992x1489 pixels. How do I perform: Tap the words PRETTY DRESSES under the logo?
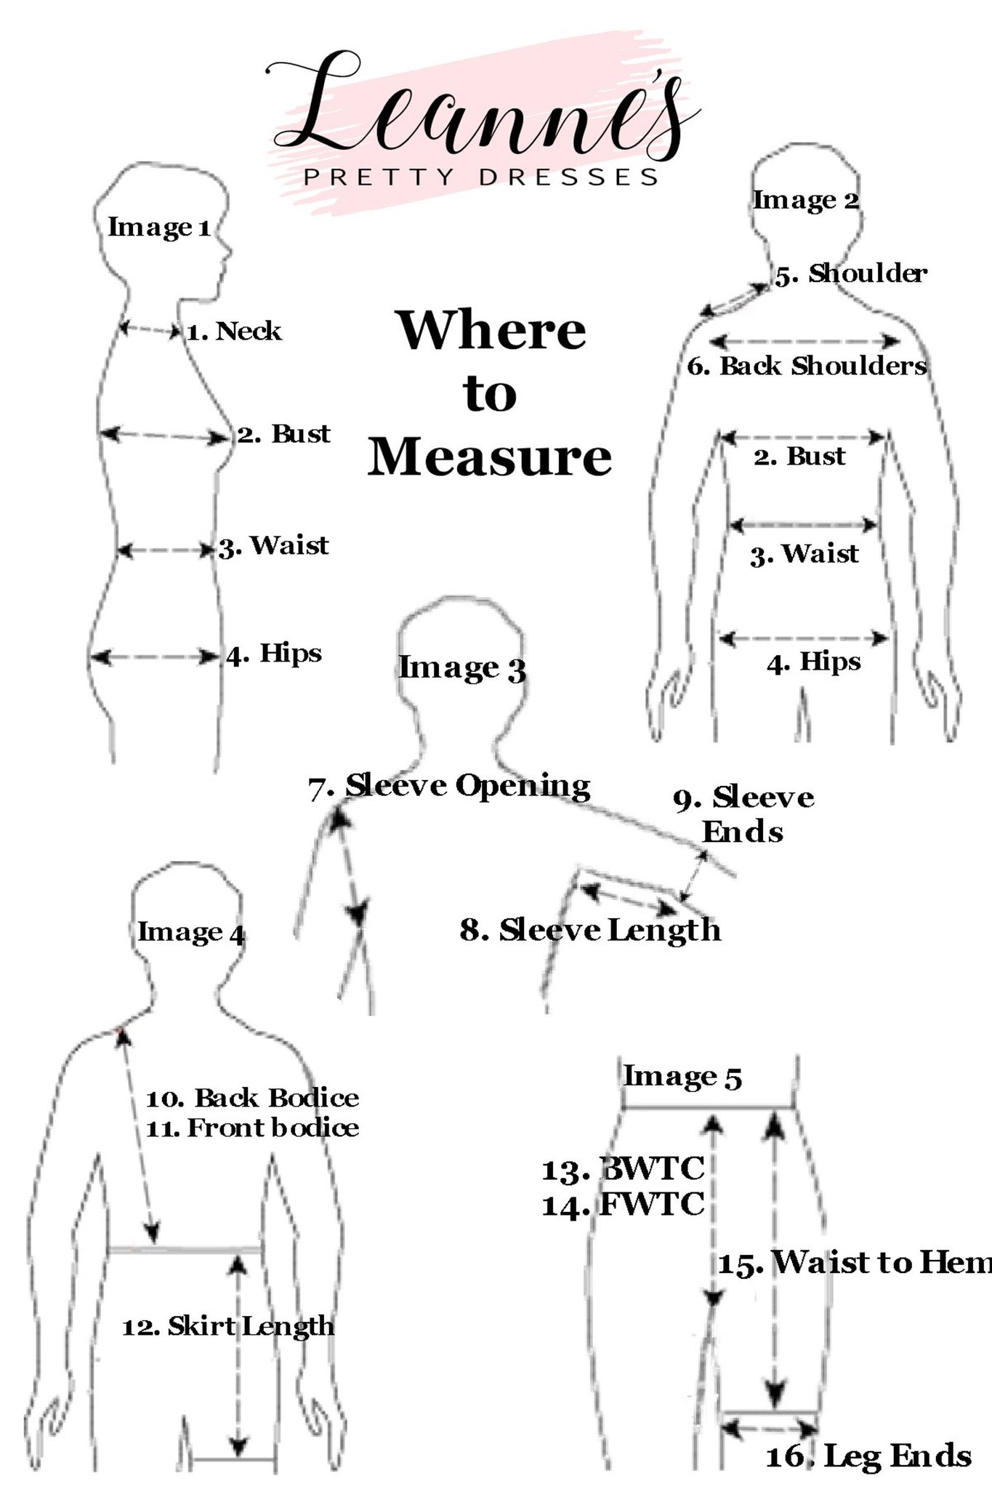(x=481, y=177)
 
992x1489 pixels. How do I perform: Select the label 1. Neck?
(x=234, y=332)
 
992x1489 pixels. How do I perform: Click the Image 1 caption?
(x=159, y=228)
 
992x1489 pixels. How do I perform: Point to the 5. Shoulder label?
(x=851, y=274)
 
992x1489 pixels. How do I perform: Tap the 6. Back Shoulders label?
(x=807, y=366)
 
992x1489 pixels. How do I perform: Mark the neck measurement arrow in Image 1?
(x=150, y=330)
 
